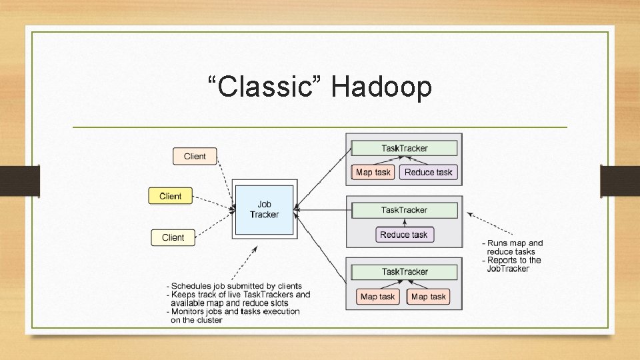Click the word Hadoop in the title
[x=381, y=87]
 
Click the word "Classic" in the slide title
[x=265, y=87]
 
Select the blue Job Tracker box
[x=264, y=210]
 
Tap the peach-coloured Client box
[x=195, y=156]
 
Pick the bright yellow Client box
[x=170, y=196]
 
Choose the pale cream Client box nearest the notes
[x=173, y=237]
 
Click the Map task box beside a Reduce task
[x=373, y=172]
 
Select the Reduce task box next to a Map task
[x=428, y=172]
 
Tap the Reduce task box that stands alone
[x=403, y=235]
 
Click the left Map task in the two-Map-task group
[x=377, y=297]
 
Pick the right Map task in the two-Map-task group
[x=429, y=297]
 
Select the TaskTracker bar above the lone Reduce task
[x=404, y=210]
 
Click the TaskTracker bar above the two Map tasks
[x=404, y=272]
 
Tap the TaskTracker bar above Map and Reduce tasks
[x=404, y=148]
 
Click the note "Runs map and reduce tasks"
[x=513, y=247]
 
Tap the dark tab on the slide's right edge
[x=619, y=180]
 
